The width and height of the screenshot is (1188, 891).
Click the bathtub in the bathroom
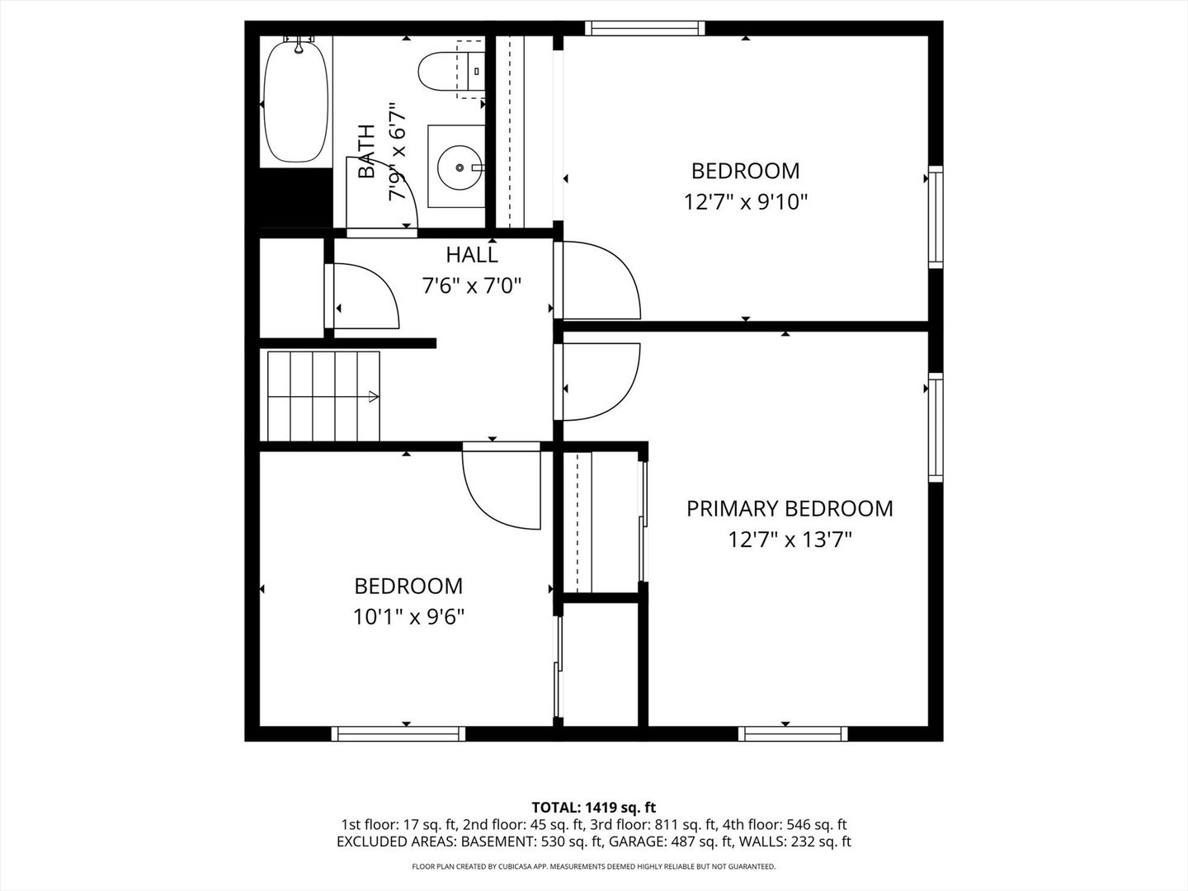click(x=295, y=103)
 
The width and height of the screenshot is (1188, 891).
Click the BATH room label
click(x=366, y=152)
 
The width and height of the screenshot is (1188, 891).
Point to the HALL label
click(x=472, y=254)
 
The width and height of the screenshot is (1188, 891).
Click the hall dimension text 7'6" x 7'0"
click(x=472, y=286)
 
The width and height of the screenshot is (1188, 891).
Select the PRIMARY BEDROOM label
click(x=790, y=508)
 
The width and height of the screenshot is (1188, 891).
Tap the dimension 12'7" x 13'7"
click(x=790, y=540)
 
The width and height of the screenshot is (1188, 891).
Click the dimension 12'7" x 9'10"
click(x=745, y=202)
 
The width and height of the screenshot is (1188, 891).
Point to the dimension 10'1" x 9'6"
click(x=409, y=616)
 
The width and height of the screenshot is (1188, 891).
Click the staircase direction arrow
click(x=372, y=397)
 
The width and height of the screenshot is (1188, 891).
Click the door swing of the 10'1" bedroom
click(x=502, y=487)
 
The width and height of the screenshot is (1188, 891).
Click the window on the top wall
click(x=645, y=28)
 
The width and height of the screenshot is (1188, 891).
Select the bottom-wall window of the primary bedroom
click(x=793, y=733)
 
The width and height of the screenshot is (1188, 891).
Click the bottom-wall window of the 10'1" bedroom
click(x=398, y=733)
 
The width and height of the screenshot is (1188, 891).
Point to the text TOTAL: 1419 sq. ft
click(x=594, y=807)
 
